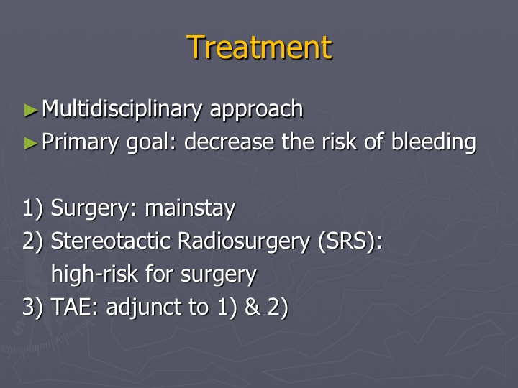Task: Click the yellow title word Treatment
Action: (x=259, y=47)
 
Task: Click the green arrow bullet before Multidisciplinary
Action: (x=31, y=111)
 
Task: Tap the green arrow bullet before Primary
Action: (x=31, y=143)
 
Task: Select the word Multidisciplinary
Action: (x=122, y=109)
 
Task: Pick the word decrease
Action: (x=230, y=142)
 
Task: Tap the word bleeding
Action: (x=433, y=142)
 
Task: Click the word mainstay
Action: (x=190, y=209)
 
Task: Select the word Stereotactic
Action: (x=110, y=241)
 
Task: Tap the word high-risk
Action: (x=94, y=274)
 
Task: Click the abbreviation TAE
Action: (x=74, y=307)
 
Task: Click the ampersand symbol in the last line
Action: (x=253, y=307)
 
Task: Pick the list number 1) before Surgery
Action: (x=33, y=208)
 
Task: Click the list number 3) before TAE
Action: (x=32, y=308)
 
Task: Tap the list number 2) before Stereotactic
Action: (x=32, y=241)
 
